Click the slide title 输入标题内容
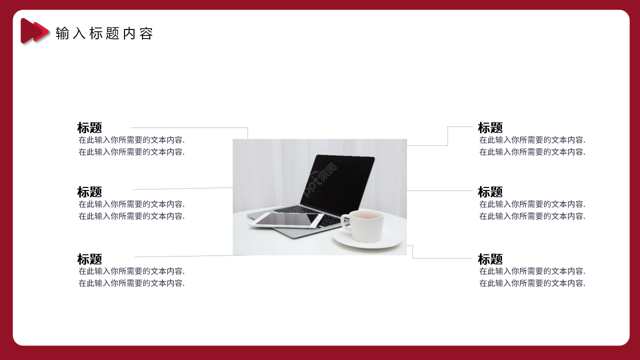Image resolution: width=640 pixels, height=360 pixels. point(104,33)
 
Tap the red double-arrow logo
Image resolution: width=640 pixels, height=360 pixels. point(34,31)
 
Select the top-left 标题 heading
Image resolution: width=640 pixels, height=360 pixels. point(89,127)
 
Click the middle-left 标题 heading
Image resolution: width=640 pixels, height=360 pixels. point(89,191)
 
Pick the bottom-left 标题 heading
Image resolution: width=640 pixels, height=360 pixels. point(89,259)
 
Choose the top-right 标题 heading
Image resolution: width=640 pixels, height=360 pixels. point(490,127)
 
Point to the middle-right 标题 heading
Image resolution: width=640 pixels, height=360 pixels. point(490,191)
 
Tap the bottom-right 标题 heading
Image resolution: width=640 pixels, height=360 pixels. point(490,259)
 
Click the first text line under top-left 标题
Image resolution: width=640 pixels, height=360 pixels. point(131,140)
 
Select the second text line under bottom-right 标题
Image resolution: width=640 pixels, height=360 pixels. point(532,283)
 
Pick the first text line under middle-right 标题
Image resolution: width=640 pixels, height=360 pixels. point(532,204)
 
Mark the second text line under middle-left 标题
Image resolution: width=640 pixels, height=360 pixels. point(131,216)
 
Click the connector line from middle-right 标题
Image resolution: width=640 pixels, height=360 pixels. point(440,190)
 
